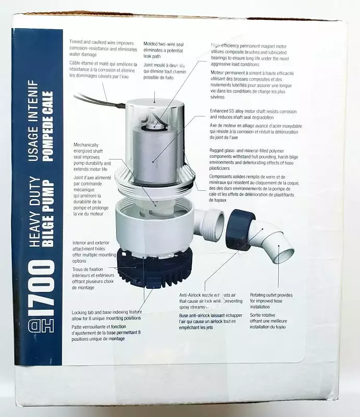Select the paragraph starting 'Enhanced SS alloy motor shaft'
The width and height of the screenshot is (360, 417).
click(x=253, y=115)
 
